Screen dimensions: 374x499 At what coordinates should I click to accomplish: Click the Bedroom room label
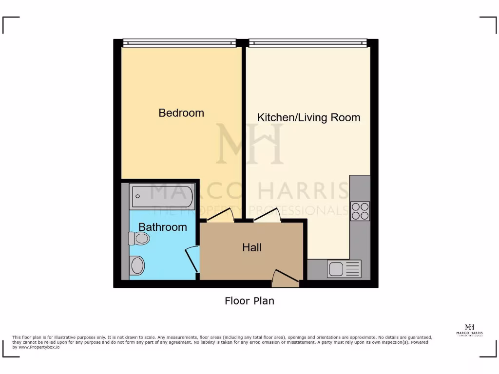pyautogui.click(x=181, y=113)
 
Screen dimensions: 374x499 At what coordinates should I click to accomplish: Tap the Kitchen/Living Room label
pyautogui.click(x=308, y=117)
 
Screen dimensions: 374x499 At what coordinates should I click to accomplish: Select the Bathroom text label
pyautogui.click(x=163, y=227)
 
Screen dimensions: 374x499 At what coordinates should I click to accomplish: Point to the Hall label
pyautogui.click(x=252, y=247)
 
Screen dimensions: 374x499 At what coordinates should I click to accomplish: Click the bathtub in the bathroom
pyautogui.click(x=163, y=196)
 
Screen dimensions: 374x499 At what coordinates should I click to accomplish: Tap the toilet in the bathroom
pyautogui.click(x=139, y=238)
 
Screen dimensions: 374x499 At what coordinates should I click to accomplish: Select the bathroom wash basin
pyautogui.click(x=137, y=266)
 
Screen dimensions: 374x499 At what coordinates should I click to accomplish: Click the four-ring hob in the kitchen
pyautogui.click(x=360, y=211)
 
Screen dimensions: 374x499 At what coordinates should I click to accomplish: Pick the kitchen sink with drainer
pyautogui.click(x=344, y=269)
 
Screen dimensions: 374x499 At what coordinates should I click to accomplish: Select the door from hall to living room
pyautogui.click(x=266, y=216)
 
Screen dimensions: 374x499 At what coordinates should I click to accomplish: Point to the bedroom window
pyautogui.click(x=179, y=43)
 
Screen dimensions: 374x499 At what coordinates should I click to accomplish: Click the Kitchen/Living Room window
pyautogui.click(x=308, y=43)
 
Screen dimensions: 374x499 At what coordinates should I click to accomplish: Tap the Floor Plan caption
pyautogui.click(x=249, y=301)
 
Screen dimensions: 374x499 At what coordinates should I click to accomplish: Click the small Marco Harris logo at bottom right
pyautogui.click(x=470, y=330)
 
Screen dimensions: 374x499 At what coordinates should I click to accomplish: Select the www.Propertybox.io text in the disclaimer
pyautogui.click(x=39, y=347)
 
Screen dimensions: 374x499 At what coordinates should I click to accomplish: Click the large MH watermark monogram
pyautogui.click(x=249, y=144)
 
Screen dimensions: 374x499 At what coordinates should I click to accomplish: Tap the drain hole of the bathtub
pyautogui.click(x=138, y=196)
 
